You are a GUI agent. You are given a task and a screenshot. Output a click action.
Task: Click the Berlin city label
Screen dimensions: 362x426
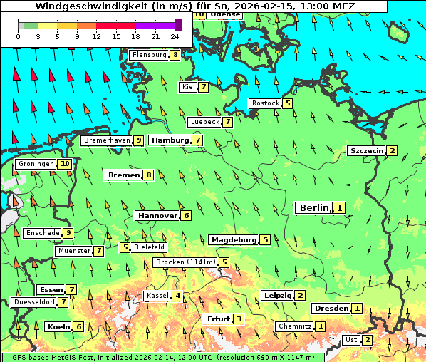[x=313, y=208]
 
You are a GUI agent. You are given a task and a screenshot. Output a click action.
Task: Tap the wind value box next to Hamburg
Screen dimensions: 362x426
[x=197, y=140]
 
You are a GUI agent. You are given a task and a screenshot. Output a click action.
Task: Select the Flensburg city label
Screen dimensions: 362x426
[x=149, y=55]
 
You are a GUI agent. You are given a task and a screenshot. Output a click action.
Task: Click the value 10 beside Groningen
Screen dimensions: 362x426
[x=65, y=164]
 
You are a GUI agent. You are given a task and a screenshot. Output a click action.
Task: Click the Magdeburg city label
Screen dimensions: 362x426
[x=233, y=240]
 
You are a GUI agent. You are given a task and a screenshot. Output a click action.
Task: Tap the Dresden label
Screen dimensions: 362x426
[x=331, y=309]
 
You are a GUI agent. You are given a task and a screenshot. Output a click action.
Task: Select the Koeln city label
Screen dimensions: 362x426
[x=58, y=327]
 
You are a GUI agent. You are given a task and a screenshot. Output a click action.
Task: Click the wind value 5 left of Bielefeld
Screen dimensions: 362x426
[x=125, y=247]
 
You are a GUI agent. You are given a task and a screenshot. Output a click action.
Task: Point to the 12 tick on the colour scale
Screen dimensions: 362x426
[x=96, y=35]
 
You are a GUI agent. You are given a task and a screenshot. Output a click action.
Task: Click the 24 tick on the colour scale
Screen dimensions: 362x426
[x=175, y=35]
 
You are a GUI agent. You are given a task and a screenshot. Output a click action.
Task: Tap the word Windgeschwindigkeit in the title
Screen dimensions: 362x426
[x=84, y=6]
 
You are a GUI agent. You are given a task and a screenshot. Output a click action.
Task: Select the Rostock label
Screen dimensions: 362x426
[x=265, y=103]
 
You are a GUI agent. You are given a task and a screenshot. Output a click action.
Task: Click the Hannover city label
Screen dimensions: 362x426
[x=157, y=215]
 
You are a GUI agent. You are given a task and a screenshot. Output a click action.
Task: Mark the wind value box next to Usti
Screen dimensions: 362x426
[x=368, y=340]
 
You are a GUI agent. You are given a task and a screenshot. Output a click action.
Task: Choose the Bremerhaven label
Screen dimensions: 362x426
[x=106, y=140]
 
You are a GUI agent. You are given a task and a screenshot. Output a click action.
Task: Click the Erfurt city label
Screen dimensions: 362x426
[x=218, y=319]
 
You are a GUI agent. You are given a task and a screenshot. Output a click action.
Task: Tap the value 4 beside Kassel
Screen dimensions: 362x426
[x=177, y=296]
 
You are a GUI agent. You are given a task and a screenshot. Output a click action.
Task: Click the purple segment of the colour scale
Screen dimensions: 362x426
[x=155, y=25]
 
